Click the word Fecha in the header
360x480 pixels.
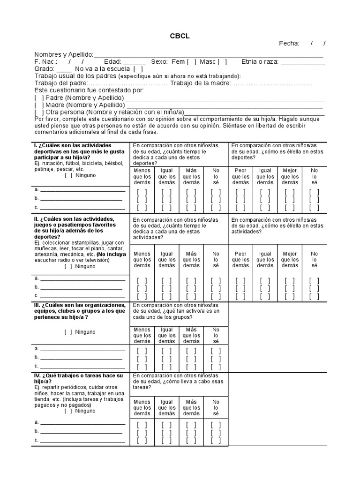point(289,44)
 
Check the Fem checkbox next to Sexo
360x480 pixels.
point(191,61)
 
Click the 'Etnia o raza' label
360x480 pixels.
point(260,61)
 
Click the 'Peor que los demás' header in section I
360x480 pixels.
point(240,176)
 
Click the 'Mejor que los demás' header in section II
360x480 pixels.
point(290,260)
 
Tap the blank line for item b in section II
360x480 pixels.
point(82,287)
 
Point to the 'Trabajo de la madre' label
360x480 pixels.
point(200,83)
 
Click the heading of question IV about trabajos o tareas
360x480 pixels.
point(79,378)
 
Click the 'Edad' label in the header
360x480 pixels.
point(112,61)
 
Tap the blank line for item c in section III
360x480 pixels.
point(82,366)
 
